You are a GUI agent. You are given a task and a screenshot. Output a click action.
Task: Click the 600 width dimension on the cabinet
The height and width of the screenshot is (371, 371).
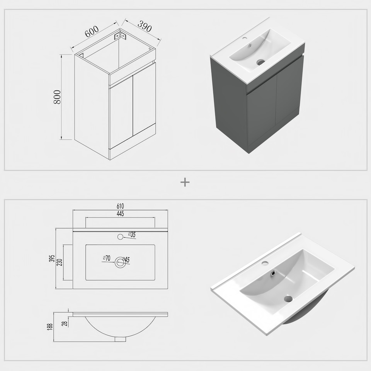(92, 31)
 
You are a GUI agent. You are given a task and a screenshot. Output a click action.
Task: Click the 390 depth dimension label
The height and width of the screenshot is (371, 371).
(144, 26)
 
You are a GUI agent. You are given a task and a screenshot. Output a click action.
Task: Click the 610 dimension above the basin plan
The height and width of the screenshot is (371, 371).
(120, 206)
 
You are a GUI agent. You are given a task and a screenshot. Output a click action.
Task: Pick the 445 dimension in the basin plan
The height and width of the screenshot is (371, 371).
(120, 214)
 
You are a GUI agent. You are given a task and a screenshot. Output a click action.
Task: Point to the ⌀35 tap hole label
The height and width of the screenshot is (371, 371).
(132, 235)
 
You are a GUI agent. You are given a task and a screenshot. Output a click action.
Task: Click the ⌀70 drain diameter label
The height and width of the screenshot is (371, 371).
(107, 258)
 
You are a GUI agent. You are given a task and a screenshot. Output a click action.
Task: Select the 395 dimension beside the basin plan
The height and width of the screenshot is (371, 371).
(51, 259)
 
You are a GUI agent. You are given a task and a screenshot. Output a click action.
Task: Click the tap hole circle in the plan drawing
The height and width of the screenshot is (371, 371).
(120, 237)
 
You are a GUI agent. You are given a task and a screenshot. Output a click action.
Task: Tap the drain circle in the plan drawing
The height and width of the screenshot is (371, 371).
(120, 262)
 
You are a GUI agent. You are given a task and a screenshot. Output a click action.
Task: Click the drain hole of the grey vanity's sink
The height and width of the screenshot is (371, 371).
(261, 62)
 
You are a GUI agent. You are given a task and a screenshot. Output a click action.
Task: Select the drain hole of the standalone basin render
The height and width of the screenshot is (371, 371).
(288, 298)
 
